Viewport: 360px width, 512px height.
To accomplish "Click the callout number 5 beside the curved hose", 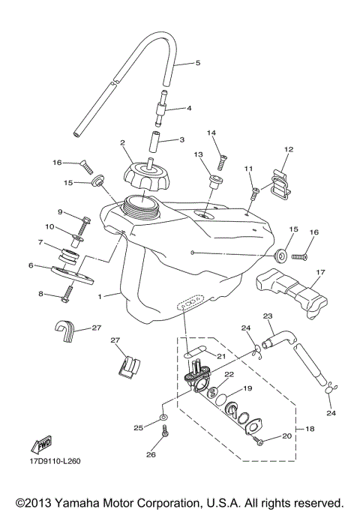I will [x=198, y=64].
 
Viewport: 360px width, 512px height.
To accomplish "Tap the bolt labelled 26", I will [x=165, y=433].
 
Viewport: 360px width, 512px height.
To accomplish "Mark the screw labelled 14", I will [x=223, y=160].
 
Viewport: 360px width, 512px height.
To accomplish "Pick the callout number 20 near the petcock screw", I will [x=286, y=436].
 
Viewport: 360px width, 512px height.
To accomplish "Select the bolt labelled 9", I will [x=85, y=220].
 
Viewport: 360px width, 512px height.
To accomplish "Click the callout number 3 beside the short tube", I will [x=181, y=139].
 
